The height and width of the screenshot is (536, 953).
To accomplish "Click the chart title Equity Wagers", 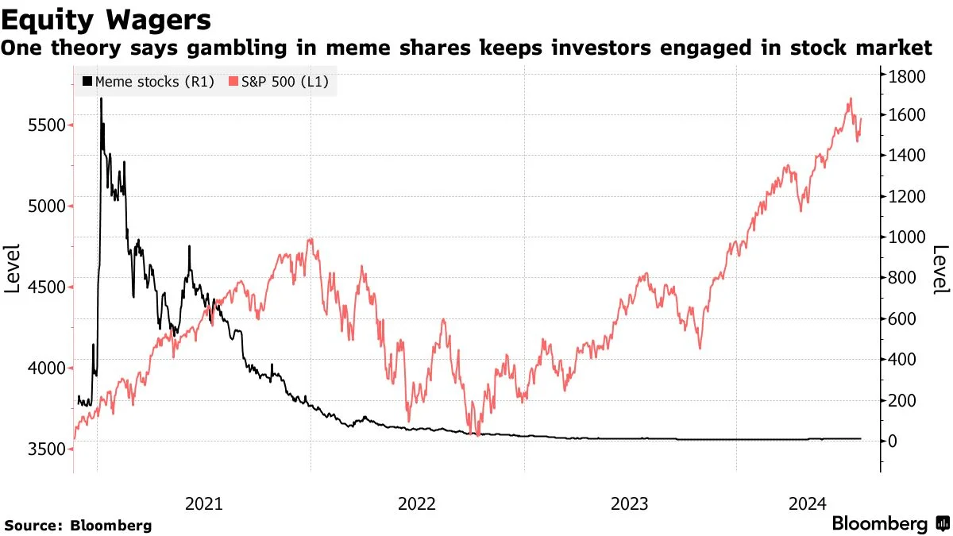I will (106, 17).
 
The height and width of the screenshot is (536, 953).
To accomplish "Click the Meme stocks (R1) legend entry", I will (149, 81).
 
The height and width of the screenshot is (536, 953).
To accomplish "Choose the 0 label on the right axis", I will (896, 441).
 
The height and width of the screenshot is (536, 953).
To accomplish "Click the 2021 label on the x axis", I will (204, 503).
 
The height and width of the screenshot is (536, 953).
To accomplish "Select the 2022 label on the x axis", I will (418, 503).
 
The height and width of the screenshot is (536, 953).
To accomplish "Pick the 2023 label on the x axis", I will (631, 503).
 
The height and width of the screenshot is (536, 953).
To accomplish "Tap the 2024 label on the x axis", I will (808, 503).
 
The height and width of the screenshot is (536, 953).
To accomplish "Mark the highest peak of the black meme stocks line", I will (101, 98).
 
